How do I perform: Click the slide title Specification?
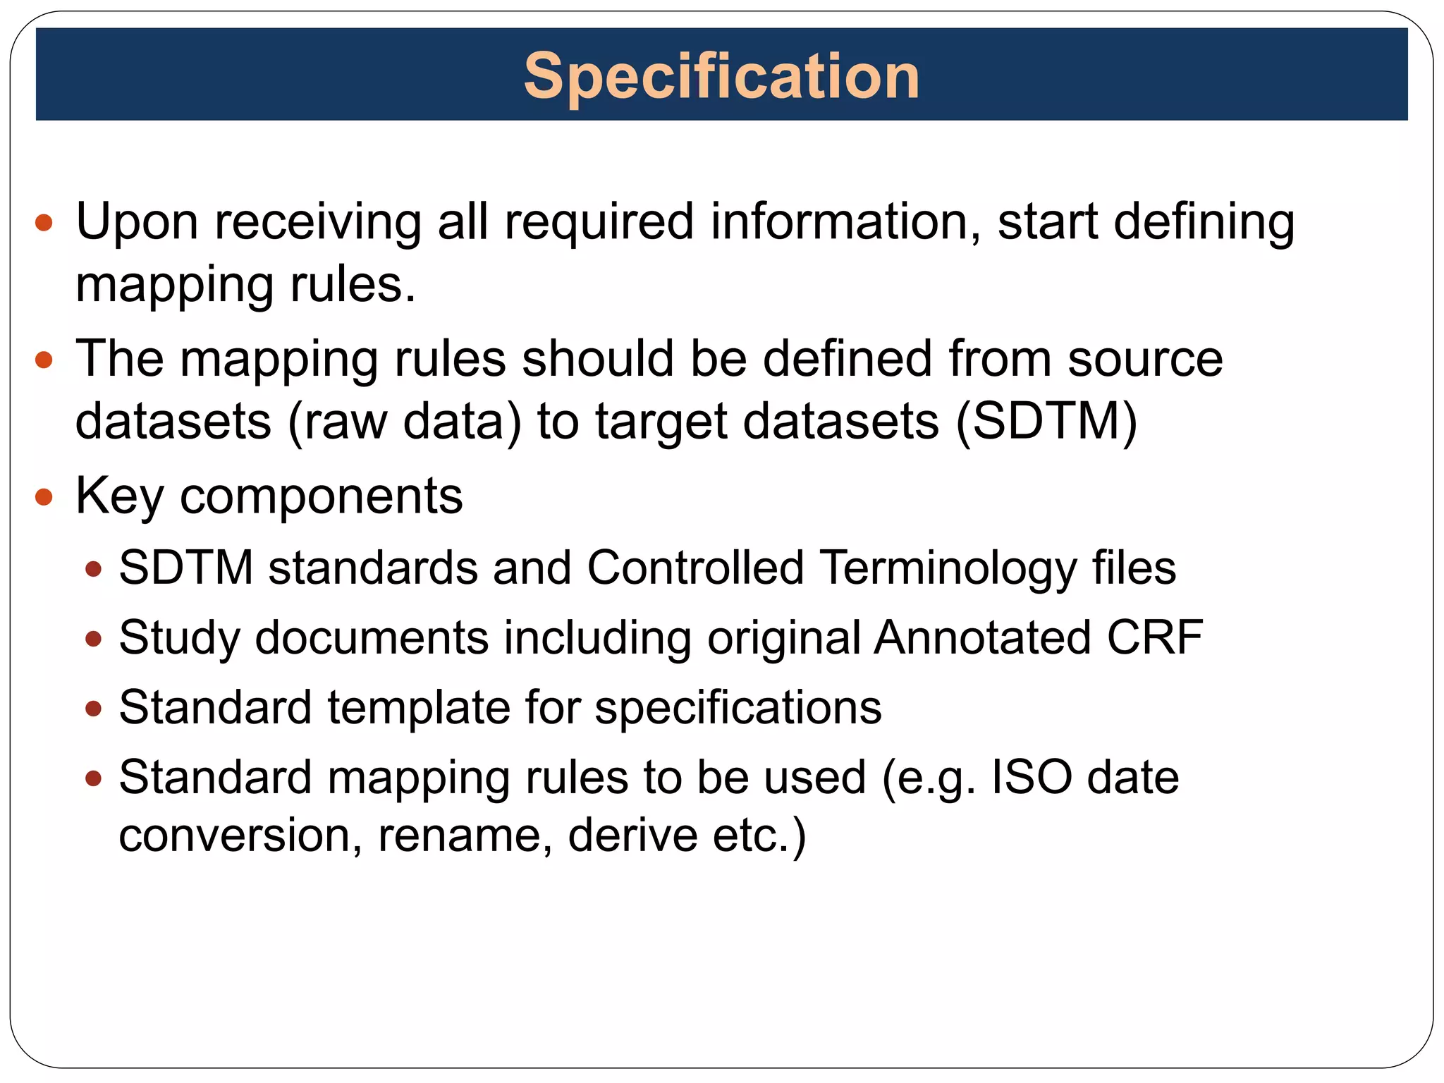(x=721, y=76)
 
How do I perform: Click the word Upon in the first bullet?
(x=137, y=221)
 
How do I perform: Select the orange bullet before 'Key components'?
(x=44, y=497)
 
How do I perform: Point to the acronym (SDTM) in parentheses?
(x=1046, y=421)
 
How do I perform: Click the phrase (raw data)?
(x=405, y=421)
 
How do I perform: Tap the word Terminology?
(x=948, y=568)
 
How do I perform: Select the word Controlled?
(x=695, y=568)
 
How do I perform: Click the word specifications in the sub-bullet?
(x=738, y=707)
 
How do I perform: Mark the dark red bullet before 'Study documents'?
(x=93, y=640)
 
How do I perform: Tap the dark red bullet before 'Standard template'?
(x=93, y=709)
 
